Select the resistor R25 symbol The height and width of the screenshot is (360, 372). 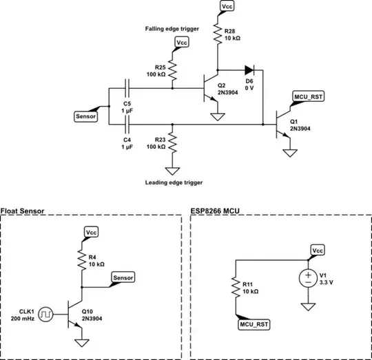click(x=172, y=68)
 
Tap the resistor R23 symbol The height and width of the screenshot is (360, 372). click(x=172, y=145)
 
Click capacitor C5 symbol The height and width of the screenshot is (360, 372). click(x=128, y=88)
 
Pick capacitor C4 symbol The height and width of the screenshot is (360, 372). click(x=128, y=124)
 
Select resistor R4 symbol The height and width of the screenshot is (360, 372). click(x=82, y=262)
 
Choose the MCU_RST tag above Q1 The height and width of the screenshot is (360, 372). click(x=308, y=96)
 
